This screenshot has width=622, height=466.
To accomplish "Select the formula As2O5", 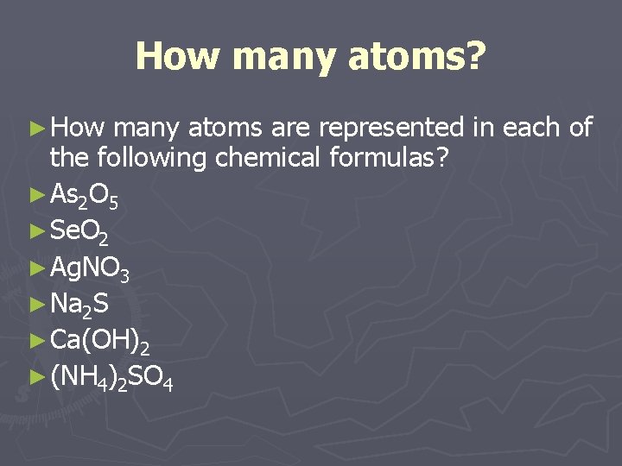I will pyautogui.click(x=84, y=198).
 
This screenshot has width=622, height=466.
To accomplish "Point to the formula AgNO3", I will pyautogui.click(x=90, y=268).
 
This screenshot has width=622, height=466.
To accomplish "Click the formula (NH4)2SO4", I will pyautogui.click(x=111, y=376).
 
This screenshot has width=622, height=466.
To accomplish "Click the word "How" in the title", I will pyautogui.click(x=178, y=57).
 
